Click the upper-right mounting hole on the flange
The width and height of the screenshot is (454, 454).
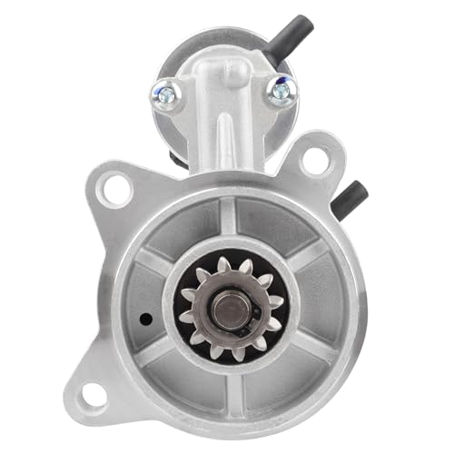click(314, 161)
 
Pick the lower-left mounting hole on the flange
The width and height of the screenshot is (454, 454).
click(94, 392)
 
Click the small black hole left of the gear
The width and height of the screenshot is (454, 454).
click(145, 320)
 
